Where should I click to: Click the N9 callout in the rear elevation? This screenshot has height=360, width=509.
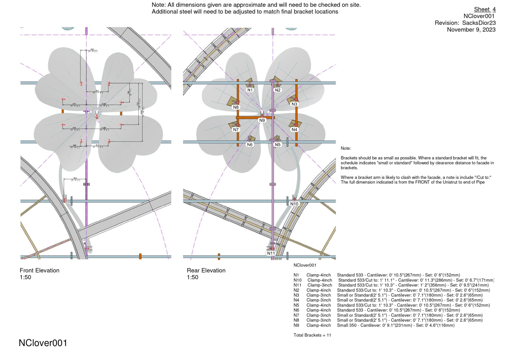click(x=262, y=120)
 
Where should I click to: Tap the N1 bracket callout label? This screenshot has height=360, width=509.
click(x=250, y=90)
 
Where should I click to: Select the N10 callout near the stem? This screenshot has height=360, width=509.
click(x=294, y=204)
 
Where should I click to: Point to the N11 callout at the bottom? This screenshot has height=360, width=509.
click(x=271, y=253)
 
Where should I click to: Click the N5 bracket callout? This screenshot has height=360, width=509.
click(x=278, y=145)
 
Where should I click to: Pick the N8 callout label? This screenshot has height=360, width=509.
click(x=236, y=107)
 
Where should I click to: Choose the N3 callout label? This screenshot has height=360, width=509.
click(x=294, y=104)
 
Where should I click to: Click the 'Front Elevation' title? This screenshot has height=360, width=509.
click(x=40, y=270)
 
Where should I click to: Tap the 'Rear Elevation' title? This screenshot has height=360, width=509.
click(x=206, y=270)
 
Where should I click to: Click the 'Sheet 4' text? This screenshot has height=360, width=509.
click(x=485, y=9)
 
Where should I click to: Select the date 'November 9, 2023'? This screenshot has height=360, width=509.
click(x=471, y=30)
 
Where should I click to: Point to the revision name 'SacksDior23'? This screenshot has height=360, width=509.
click(x=479, y=23)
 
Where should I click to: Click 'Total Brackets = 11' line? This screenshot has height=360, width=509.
click(x=312, y=335)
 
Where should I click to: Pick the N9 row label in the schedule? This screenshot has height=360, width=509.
click(x=296, y=325)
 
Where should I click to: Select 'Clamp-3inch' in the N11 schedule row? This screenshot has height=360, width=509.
click(x=320, y=285)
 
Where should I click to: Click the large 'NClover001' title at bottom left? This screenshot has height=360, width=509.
click(x=43, y=343)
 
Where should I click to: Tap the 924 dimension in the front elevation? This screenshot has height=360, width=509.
click(x=75, y=178)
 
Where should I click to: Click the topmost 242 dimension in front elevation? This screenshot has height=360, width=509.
click(x=92, y=50)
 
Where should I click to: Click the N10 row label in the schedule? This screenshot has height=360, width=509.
click(x=297, y=280)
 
